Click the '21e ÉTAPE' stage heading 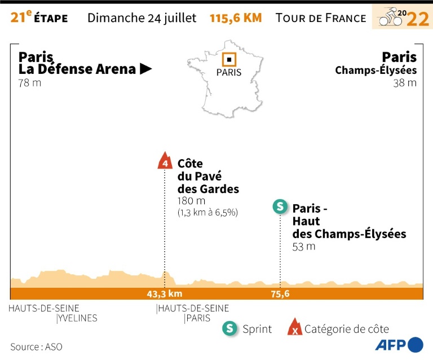[x=39, y=17]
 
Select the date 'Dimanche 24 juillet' [x=142, y=17]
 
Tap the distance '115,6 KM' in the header [x=236, y=17]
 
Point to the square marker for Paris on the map [x=229, y=59]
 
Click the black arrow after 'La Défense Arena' [x=146, y=69]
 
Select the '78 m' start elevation [x=30, y=83]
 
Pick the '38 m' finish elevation [x=405, y=83]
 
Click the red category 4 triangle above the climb [x=165, y=161]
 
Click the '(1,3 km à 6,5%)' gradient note [x=208, y=213]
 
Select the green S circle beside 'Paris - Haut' [x=279, y=207]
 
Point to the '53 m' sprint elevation [x=304, y=247]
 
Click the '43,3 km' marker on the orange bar [x=164, y=293]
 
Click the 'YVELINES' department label [x=78, y=318]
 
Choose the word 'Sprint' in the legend [x=257, y=329]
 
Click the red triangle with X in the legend [x=294, y=328]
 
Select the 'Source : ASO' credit [x=36, y=346]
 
